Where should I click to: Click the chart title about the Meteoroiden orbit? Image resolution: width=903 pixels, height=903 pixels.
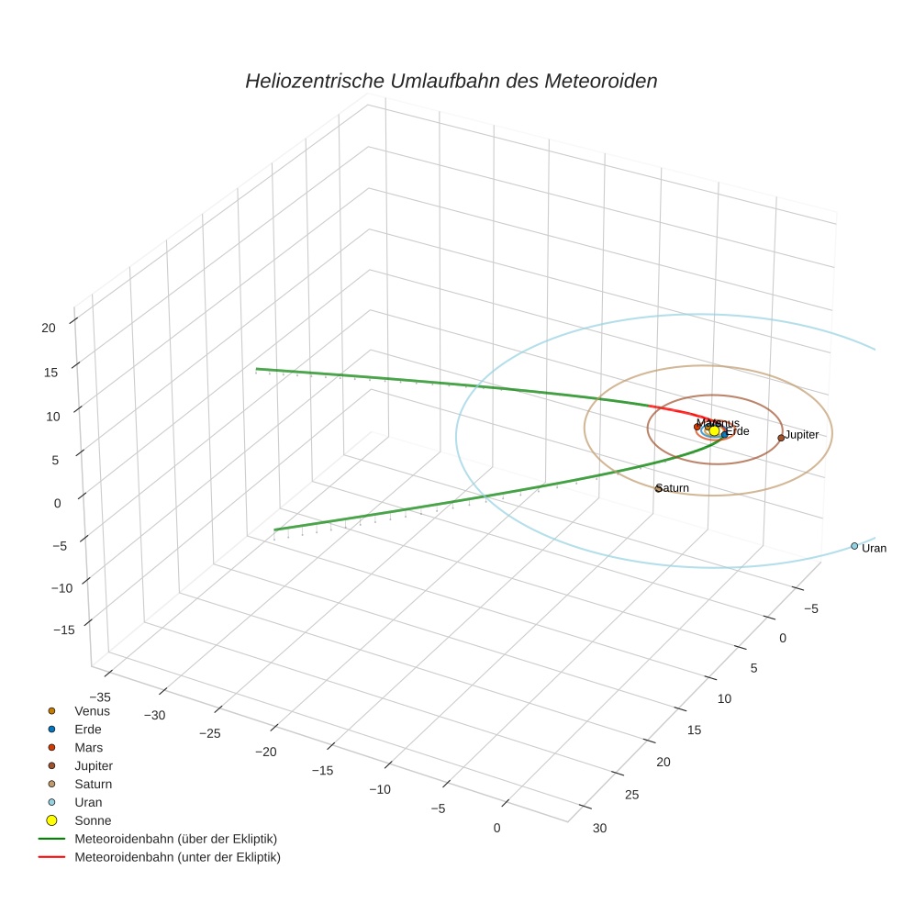(x=451, y=81)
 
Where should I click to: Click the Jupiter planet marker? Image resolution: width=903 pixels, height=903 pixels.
(x=781, y=438)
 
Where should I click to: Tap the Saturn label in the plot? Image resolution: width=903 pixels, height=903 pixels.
(x=674, y=488)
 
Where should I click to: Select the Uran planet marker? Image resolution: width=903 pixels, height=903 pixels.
(x=854, y=546)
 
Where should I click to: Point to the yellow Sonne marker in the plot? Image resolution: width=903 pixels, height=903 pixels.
(x=715, y=430)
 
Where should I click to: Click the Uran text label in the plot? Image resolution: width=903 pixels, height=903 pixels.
(x=875, y=548)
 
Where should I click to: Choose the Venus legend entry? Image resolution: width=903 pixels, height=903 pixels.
(x=92, y=710)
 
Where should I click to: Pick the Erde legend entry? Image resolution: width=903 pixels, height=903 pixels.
(x=87, y=729)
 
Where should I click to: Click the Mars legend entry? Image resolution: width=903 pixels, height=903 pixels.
(x=88, y=747)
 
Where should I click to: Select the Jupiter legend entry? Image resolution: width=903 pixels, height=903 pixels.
(x=94, y=765)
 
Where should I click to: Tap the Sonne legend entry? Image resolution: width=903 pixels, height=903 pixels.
(x=92, y=820)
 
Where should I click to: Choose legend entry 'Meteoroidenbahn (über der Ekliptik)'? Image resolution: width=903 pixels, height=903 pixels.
(x=175, y=839)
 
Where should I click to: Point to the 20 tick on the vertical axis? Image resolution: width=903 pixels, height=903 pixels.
(x=49, y=327)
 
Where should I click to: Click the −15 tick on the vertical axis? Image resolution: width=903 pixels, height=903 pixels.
(x=63, y=630)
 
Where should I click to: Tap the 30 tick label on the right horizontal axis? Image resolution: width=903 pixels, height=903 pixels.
(x=599, y=829)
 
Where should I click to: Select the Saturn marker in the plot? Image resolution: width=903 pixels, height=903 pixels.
(x=659, y=488)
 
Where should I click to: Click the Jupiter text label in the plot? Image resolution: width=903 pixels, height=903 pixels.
(x=802, y=435)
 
